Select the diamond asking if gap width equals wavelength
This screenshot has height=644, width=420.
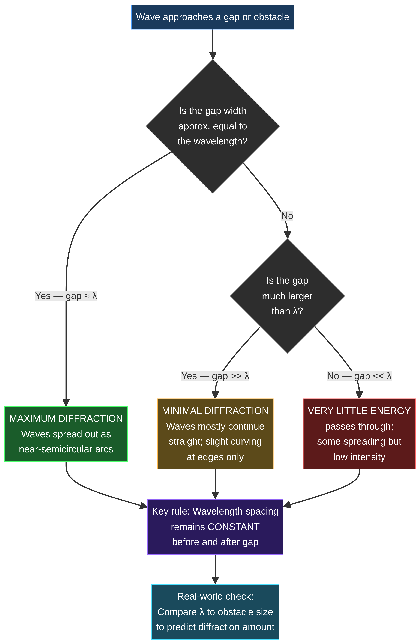(213, 126)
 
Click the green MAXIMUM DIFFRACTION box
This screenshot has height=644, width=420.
(66, 434)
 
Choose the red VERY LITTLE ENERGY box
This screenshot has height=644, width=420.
(359, 434)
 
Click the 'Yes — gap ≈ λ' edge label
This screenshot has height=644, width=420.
(66, 296)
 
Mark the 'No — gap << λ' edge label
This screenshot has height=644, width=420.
(359, 376)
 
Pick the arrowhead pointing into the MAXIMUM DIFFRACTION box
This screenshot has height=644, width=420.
(66, 402)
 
